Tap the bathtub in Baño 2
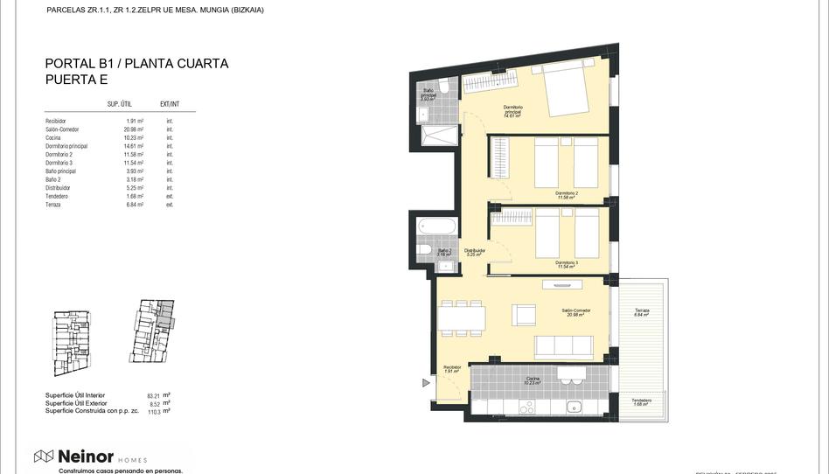[437, 226]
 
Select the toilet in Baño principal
[443, 85]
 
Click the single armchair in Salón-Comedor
[524, 314]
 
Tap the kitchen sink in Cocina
[575, 406]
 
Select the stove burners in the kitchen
[526, 407]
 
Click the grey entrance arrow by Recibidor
[427, 382]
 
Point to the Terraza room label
[642, 311]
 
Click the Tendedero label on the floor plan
[642, 401]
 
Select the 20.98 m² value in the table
[134, 129]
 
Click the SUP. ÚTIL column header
[119, 103]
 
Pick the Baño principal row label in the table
[61, 171]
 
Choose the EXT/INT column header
[170, 103]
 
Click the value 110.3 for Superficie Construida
[155, 411]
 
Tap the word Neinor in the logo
[86, 457]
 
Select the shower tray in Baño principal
[440, 136]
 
